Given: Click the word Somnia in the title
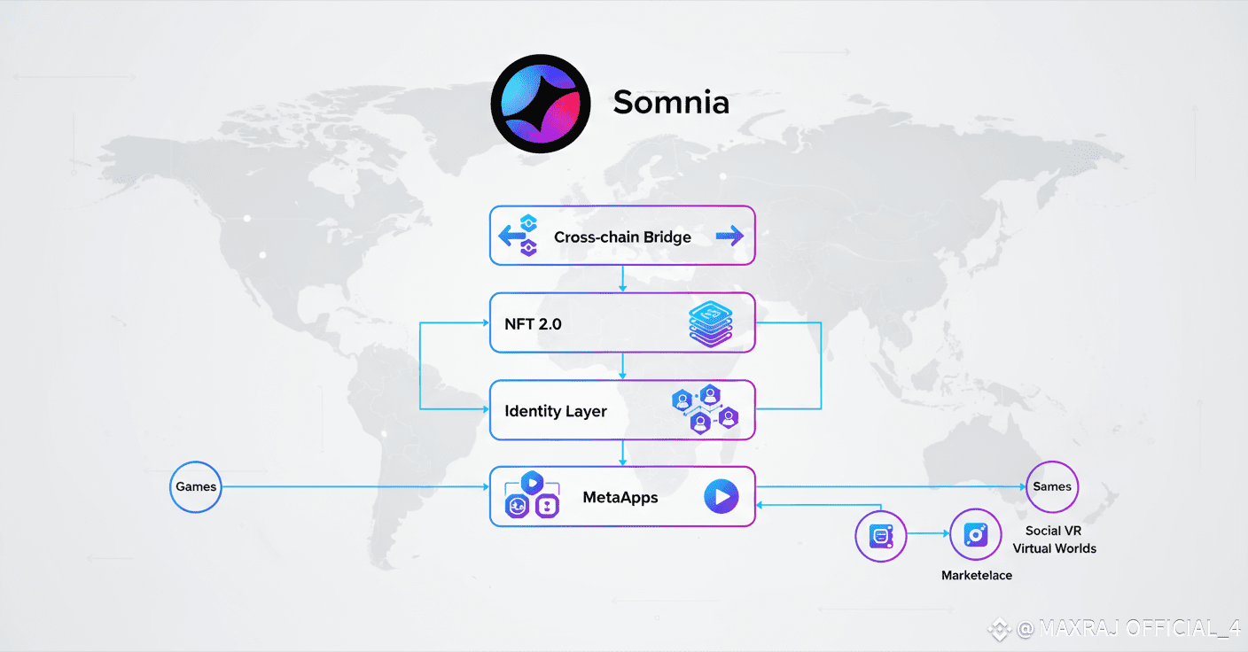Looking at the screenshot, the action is (x=671, y=103).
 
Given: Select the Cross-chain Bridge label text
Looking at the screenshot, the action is (x=622, y=237).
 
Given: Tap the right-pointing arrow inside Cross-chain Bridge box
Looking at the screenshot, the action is (x=729, y=236).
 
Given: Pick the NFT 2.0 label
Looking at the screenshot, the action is (x=533, y=324).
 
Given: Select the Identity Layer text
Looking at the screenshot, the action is (x=556, y=411).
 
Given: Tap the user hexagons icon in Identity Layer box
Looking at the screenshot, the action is (x=705, y=409).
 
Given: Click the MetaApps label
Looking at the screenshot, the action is (x=620, y=497).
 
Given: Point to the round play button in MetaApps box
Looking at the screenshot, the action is (x=721, y=497).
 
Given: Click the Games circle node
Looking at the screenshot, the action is (x=196, y=486).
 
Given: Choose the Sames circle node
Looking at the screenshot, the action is (x=1052, y=486).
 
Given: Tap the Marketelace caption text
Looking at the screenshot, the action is (x=976, y=576).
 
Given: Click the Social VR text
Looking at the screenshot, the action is (x=1053, y=531).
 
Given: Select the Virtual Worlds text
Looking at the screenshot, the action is (x=1054, y=548).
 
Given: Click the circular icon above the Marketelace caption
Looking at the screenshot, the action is (x=976, y=534).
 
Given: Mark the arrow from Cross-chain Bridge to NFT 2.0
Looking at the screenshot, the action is (x=623, y=279).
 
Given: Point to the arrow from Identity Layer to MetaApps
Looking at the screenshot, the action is (x=623, y=454).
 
